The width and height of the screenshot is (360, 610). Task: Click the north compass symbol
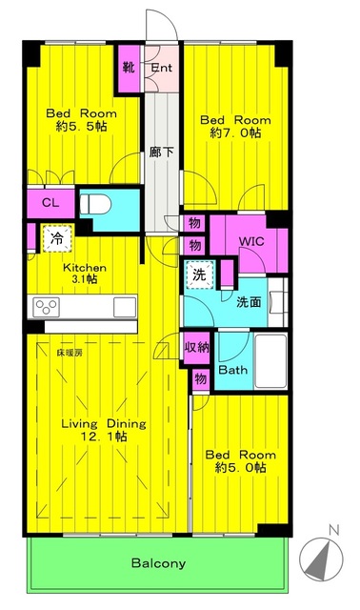point(321,559)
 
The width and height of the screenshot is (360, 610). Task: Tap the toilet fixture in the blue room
point(95,204)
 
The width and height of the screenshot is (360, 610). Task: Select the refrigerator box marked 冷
point(57,238)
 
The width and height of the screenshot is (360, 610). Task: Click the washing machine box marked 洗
point(199,274)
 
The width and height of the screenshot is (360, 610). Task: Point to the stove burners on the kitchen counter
point(47,307)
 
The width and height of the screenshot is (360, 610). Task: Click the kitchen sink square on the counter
point(125,307)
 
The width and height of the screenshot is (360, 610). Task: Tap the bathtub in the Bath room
point(270,361)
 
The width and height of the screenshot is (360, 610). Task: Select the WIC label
point(251,241)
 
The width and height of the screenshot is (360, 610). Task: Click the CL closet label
point(50,203)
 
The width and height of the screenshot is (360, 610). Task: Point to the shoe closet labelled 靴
point(129,68)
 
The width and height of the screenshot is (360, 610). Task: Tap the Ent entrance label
point(161,68)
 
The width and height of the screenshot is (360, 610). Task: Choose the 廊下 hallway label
point(161,152)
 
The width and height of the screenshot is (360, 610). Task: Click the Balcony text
point(158,563)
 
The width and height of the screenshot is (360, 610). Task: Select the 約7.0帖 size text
point(235,133)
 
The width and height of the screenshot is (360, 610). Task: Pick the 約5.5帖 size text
point(81,127)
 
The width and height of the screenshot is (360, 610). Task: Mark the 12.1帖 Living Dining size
point(104,437)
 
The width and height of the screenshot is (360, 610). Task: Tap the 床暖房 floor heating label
point(70,354)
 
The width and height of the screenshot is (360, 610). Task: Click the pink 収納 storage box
point(197,347)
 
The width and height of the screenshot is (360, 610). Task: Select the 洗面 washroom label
point(249,302)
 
